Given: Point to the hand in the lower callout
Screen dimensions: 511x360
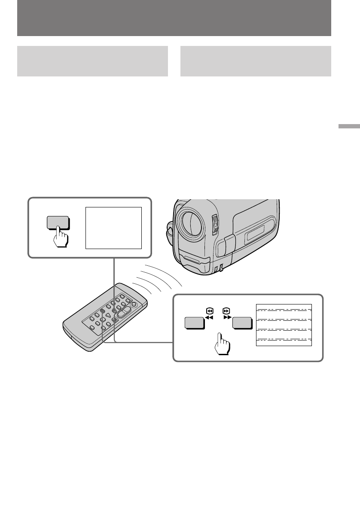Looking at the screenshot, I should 222,343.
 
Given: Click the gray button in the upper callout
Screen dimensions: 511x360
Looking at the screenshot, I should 58,223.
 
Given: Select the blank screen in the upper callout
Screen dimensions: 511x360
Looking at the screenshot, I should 113,228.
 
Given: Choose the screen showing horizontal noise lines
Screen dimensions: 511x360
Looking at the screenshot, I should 284,325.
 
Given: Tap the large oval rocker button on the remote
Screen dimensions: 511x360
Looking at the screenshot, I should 124,313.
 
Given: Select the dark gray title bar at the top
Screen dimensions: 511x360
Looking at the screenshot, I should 174,18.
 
